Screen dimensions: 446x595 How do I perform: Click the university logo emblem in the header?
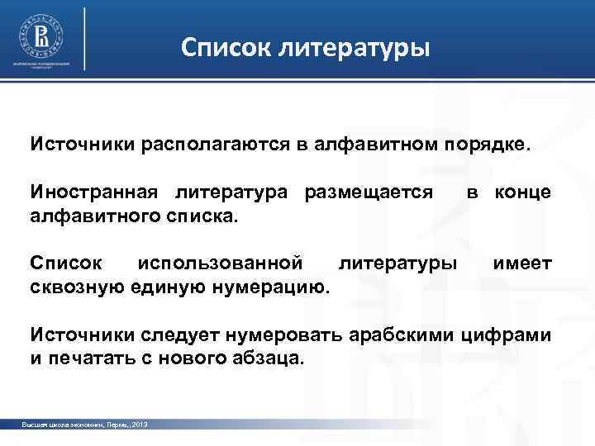41,34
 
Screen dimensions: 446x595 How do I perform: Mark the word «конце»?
523,192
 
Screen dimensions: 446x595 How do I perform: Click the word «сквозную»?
75,287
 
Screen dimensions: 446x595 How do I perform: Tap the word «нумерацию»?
272,287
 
